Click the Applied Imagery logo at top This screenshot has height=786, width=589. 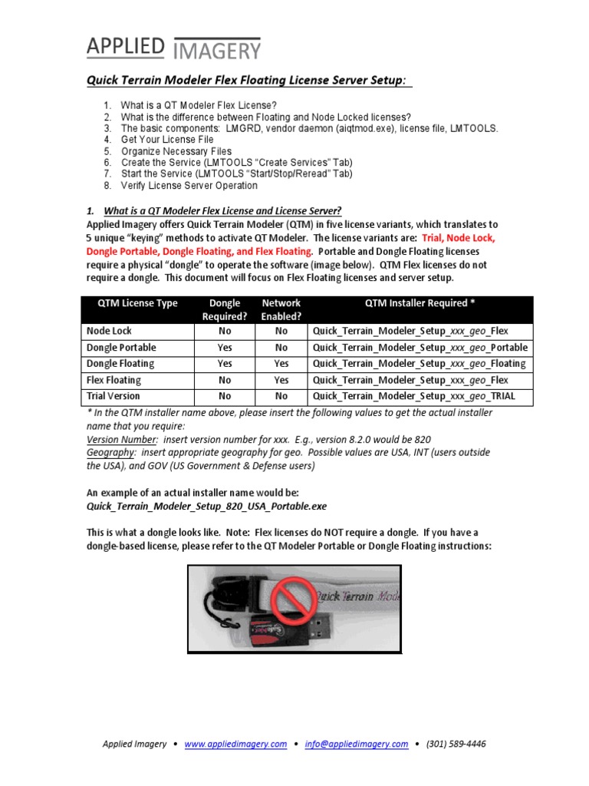173,47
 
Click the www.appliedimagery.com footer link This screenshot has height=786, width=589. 235,744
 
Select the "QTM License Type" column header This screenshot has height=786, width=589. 137,303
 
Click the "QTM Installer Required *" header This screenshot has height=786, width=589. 420,303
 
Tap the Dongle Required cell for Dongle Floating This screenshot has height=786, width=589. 225,364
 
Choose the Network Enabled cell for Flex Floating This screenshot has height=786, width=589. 281,380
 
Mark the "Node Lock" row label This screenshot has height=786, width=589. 109,331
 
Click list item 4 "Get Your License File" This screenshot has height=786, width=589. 167,140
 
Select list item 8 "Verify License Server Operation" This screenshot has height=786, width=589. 189,185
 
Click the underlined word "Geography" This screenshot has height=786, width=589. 113,452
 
